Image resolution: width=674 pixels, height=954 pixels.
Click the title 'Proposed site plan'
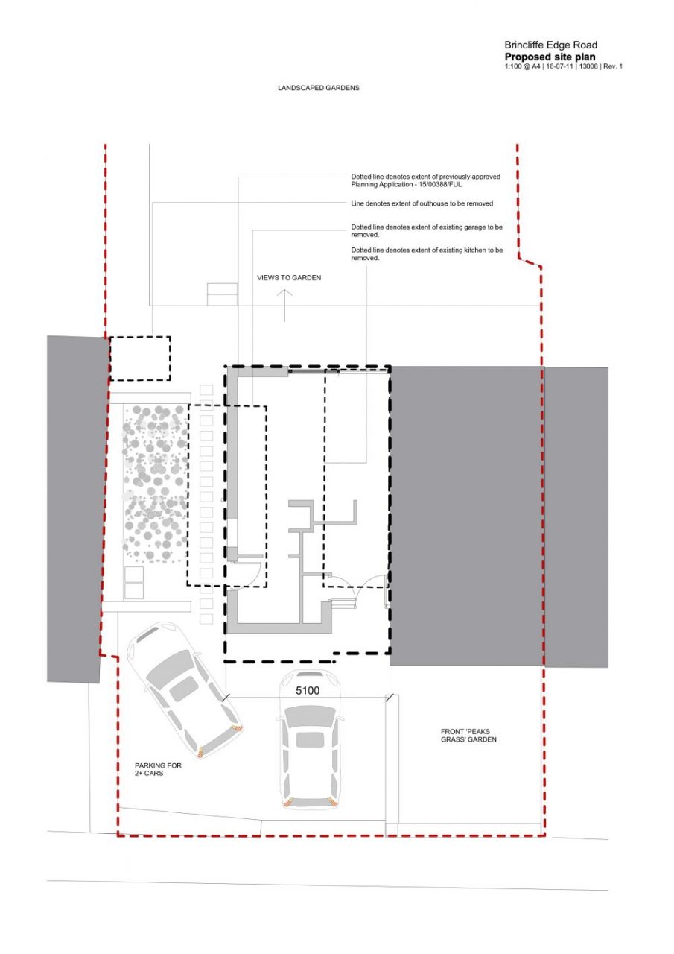click(550, 57)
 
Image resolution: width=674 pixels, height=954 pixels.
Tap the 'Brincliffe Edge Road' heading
click(550, 45)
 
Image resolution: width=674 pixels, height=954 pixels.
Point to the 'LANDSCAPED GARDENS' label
click(318, 88)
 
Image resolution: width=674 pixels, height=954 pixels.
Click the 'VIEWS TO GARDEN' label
click(289, 278)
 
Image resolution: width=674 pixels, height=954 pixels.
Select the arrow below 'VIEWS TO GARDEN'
click(284, 306)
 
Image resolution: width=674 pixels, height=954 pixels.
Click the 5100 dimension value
click(308, 690)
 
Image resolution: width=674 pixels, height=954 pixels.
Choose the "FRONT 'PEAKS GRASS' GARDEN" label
click(468, 736)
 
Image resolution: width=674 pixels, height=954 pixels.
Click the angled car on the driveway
click(185, 690)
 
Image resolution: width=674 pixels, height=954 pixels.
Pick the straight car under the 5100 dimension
click(309, 740)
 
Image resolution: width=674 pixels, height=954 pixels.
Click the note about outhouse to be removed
click(422, 203)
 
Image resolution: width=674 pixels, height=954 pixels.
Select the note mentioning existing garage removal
click(426, 231)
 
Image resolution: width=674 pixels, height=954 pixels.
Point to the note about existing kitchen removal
click(427, 254)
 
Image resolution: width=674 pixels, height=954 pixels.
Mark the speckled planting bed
click(155, 484)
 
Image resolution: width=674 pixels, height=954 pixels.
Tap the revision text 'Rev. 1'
click(613, 66)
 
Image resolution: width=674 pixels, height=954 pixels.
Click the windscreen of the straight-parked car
click(309, 716)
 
